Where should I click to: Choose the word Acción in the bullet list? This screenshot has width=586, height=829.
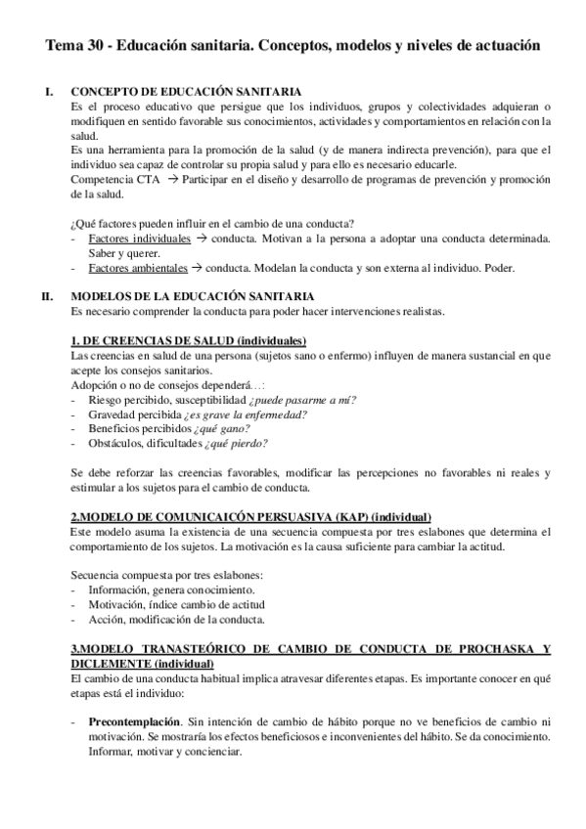[x=105, y=620]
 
